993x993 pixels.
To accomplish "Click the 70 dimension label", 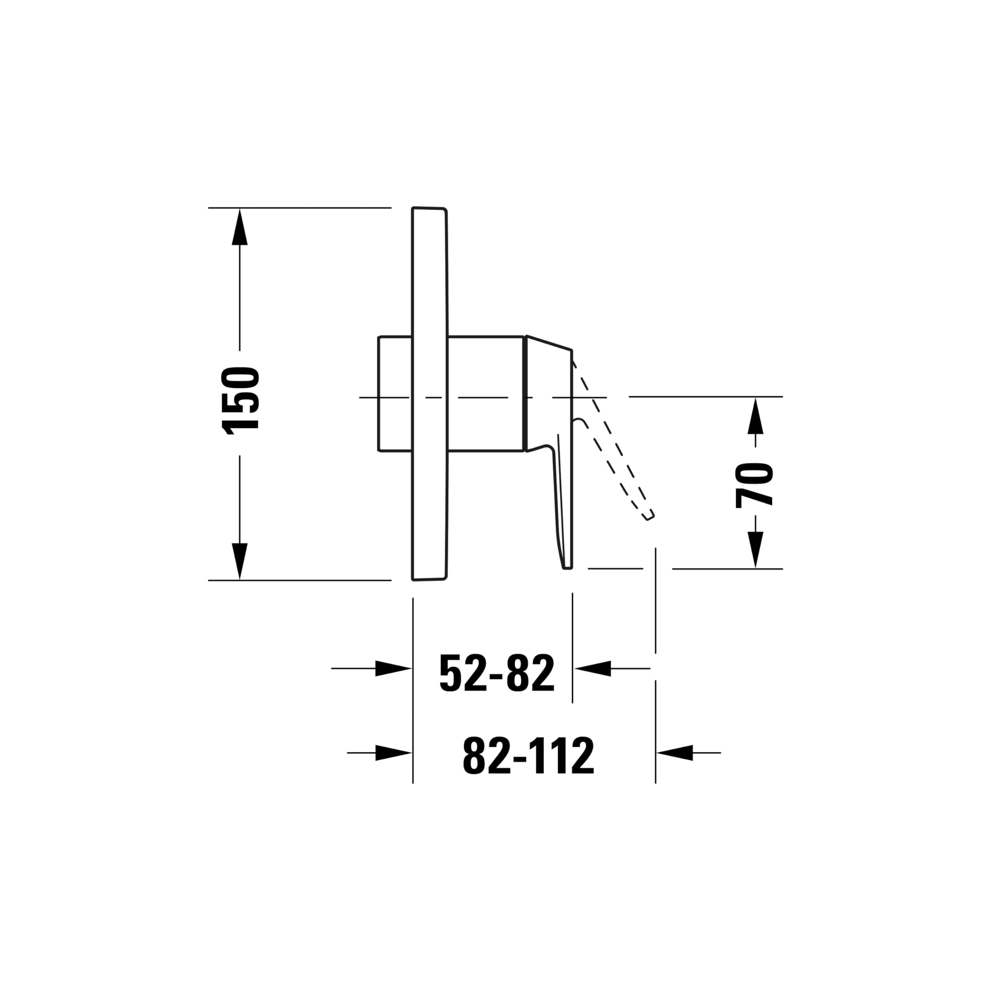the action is click(754, 485).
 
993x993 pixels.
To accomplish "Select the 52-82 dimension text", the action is click(497, 673).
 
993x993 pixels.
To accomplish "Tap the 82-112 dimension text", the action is click(528, 756).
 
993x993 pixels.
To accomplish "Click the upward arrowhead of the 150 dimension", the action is click(239, 227).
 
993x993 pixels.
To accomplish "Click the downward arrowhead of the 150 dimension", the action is click(239, 561).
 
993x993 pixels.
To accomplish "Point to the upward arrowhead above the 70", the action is click(756, 416).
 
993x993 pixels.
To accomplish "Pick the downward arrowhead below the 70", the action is click(756, 549).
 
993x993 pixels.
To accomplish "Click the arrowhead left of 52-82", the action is click(394, 668).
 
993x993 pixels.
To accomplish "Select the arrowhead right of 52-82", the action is click(592, 668).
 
